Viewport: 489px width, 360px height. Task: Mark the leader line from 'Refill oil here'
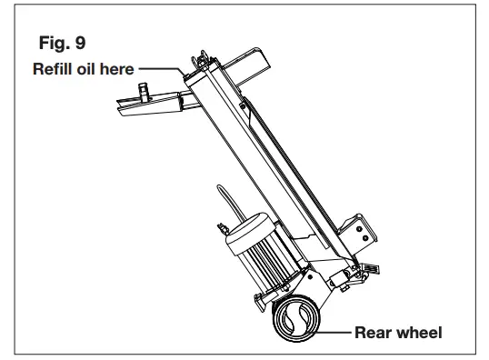point(164,67)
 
